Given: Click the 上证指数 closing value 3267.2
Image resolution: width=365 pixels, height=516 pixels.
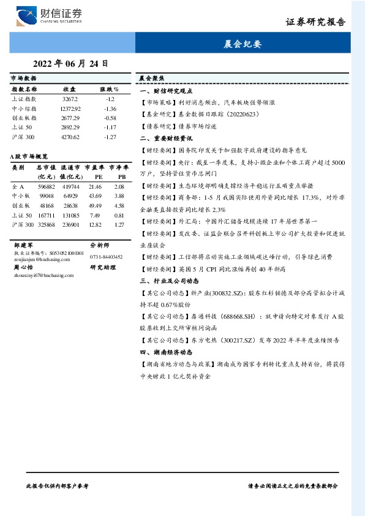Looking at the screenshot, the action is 70,99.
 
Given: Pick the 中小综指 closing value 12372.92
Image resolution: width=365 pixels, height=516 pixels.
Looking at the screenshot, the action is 70,108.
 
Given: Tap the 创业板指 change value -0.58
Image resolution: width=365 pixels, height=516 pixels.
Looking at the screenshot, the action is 110,118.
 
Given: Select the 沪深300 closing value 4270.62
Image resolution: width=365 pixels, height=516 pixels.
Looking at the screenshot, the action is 70,137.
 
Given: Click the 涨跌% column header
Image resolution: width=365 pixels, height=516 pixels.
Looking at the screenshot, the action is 110,89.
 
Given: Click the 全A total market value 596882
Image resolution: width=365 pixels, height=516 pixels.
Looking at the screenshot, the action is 47,186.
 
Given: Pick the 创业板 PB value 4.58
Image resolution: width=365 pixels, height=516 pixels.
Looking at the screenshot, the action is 119,205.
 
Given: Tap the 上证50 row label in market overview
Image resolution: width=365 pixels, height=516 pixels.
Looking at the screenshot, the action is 21,215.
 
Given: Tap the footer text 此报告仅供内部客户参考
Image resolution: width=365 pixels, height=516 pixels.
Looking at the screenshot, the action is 58,485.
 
